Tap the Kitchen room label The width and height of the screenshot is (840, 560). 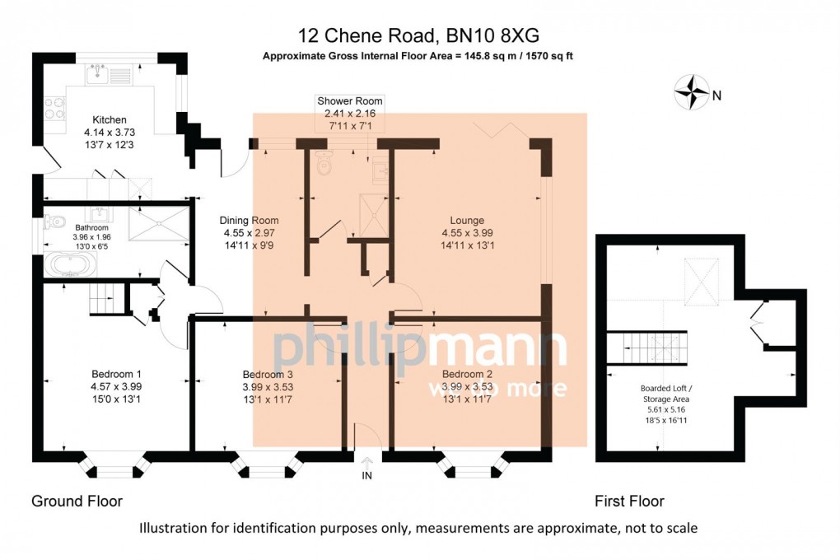pos(110,119)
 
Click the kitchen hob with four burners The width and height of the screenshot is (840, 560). pos(55,110)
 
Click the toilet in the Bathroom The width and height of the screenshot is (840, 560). pos(54,222)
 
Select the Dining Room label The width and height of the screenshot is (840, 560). pos(249,221)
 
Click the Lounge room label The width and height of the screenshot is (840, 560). pos(467,221)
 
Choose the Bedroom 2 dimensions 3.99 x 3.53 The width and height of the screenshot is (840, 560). pos(467,386)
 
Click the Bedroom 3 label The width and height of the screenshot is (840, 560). pos(268,373)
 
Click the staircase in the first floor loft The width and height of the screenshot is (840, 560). pos(647,344)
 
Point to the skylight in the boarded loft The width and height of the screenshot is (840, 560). pos(702,278)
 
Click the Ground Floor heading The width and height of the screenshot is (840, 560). pos(77,501)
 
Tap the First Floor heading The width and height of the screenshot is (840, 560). pos(629,501)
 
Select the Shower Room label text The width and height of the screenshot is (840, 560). pos(350,101)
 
